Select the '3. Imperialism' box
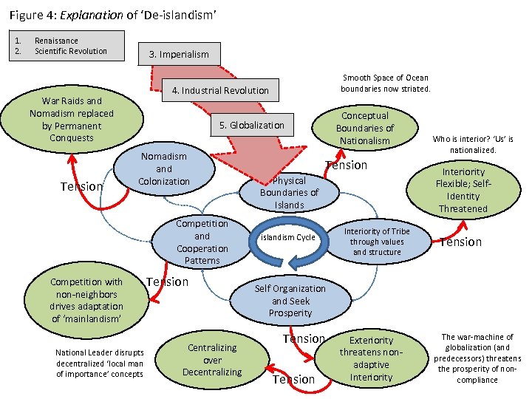(x=179, y=54)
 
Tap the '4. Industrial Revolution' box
(x=220, y=90)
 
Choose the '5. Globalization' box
(x=251, y=125)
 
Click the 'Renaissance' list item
(x=56, y=41)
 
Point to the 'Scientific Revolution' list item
(x=71, y=51)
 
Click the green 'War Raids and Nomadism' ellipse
(x=72, y=119)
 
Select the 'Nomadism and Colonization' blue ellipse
(x=163, y=169)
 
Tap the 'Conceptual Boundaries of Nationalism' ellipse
(x=365, y=128)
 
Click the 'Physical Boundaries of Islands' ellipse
(x=289, y=192)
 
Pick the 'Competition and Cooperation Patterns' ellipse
(x=202, y=242)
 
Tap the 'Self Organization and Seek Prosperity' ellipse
(x=290, y=301)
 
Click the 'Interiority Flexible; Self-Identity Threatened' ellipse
(x=463, y=190)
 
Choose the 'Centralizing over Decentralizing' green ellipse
(x=212, y=360)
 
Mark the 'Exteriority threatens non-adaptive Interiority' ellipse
(x=371, y=358)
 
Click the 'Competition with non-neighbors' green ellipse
(x=86, y=300)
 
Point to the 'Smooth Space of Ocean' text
(x=384, y=83)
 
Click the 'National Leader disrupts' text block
(x=100, y=363)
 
